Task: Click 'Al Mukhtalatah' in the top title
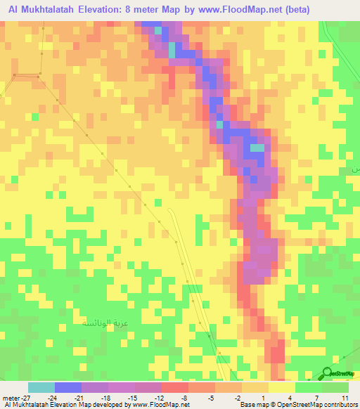coord(39,10)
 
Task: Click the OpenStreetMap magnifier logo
coord(328,372)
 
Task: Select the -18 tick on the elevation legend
coord(107,397)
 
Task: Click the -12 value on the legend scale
coord(160,397)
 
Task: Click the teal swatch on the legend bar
coord(41,387)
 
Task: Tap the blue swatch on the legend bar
coord(67,387)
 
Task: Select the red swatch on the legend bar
coord(175,387)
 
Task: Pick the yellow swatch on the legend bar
coord(281,387)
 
